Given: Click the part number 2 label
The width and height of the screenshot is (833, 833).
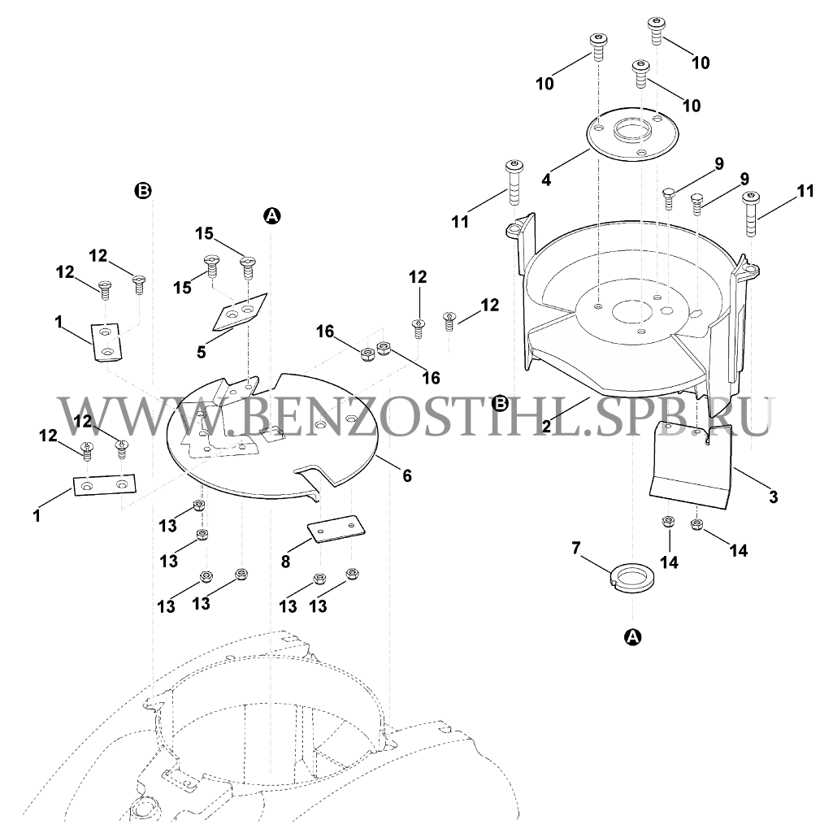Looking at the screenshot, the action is (x=546, y=426).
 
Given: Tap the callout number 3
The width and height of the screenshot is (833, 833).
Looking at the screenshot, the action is (x=773, y=497).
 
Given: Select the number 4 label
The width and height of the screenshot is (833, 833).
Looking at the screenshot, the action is (x=546, y=180).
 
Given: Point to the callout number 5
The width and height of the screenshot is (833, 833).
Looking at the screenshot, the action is (x=201, y=352).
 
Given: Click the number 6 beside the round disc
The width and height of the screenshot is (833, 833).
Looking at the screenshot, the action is (x=407, y=475).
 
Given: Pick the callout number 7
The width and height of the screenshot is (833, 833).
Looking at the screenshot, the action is (x=577, y=548).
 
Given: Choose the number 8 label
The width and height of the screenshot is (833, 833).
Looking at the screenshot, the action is (x=285, y=562).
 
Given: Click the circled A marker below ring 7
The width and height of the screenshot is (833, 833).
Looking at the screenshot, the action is (x=632, y=636).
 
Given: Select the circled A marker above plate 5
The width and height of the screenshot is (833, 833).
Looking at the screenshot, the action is (x=272, y=215).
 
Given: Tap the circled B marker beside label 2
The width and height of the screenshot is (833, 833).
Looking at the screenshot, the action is (x=501, y=404).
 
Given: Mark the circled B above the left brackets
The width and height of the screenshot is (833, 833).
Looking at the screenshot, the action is (x=143, y=191).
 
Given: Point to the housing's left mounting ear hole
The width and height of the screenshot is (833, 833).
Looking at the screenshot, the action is (x=514, y=228).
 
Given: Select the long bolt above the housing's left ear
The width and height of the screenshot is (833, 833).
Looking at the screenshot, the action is (x=514, y=182).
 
